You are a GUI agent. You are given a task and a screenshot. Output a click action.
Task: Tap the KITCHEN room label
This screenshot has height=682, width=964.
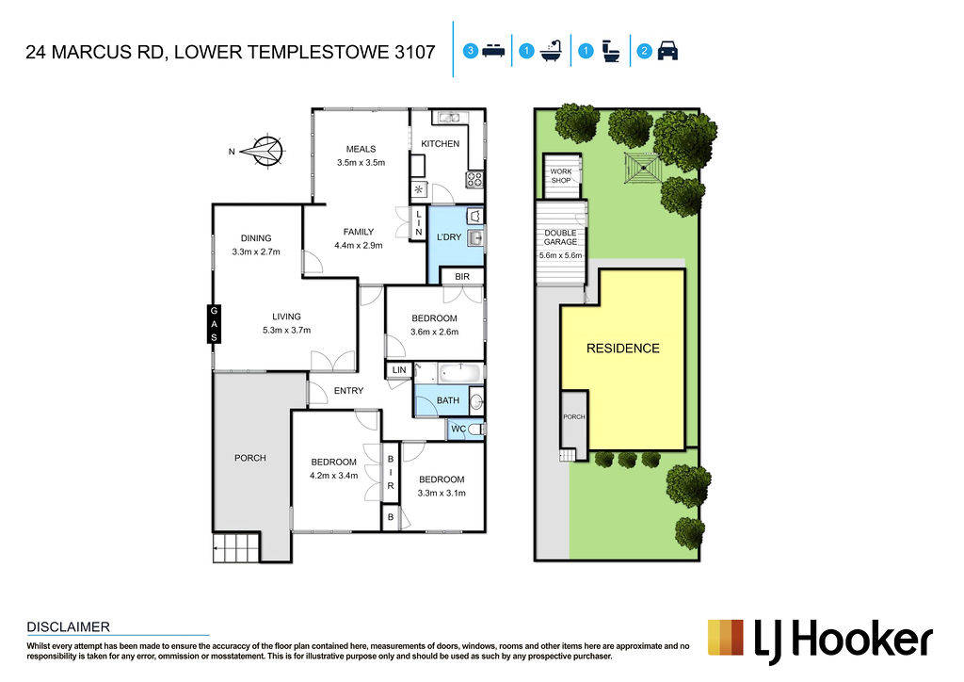441,143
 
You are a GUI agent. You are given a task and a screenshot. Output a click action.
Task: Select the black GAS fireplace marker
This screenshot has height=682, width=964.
214,324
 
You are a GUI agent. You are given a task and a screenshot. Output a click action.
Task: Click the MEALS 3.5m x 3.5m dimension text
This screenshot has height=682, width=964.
361,163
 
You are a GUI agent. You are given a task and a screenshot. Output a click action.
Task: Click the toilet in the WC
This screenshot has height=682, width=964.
475,429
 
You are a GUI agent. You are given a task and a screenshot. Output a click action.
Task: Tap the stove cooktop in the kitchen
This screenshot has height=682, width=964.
474,180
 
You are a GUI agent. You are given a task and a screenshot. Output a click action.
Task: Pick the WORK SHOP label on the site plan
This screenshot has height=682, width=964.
561,176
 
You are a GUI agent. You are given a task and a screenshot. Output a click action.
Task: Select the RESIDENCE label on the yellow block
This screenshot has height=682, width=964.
623,349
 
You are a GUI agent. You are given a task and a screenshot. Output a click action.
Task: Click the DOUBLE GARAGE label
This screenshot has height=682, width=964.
560,237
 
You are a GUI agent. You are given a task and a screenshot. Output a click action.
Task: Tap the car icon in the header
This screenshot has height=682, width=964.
667,51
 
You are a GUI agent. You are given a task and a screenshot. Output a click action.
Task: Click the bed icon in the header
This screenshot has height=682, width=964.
493,51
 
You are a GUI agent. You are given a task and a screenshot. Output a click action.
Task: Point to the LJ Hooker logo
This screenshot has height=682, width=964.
820,641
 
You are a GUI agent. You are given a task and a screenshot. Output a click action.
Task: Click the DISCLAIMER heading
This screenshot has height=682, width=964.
68,627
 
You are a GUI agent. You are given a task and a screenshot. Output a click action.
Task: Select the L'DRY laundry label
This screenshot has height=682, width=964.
449,236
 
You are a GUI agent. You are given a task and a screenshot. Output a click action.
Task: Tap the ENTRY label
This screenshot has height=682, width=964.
348,391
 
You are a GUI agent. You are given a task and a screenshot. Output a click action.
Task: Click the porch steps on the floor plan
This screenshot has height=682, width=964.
235,548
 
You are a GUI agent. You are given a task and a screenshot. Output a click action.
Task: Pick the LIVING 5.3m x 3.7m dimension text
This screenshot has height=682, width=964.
286,331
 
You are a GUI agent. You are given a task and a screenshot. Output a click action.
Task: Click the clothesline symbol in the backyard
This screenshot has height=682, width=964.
643,168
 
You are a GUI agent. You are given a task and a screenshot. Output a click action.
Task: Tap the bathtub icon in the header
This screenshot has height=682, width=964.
552,51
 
